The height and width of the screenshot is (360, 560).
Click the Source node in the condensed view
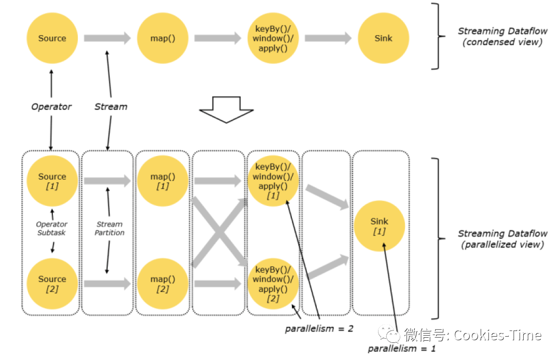[52, 38]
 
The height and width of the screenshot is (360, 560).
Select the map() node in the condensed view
[162, 38]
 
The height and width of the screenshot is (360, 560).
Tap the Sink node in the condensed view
[383, 38]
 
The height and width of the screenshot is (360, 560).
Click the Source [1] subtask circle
[52, 181]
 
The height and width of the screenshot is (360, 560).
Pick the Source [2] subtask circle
[52, 284]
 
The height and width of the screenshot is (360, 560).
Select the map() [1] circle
[162, 181]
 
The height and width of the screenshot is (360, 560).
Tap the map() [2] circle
[162, 284]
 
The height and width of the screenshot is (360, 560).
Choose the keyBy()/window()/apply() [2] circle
[273, 284]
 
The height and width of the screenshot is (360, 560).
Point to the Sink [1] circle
[380, 226]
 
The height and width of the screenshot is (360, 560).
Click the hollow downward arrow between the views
[226, 109]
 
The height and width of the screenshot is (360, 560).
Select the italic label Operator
[51, 107]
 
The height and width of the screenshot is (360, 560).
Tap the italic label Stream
[110, 107]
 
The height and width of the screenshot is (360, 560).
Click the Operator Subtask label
[52, 228]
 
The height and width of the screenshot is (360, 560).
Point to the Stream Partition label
[109, 228]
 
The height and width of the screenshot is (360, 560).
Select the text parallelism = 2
[319, 328]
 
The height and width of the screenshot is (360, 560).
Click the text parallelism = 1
[402, 349]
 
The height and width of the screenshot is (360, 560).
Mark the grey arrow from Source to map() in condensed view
[107, 38]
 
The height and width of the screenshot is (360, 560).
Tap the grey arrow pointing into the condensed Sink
[328, 38]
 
